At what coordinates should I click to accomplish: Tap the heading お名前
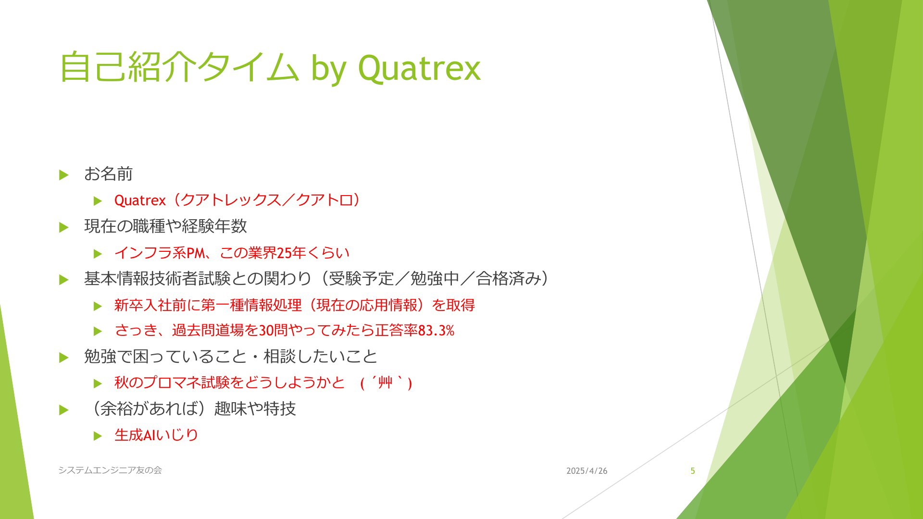tap(108, 174)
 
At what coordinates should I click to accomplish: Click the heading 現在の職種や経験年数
tap(165, 226)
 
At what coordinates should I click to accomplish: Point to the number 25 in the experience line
tap(284, 253)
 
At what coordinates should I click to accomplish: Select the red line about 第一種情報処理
tap(295, 305)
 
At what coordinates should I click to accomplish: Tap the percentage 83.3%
tap(436, 331)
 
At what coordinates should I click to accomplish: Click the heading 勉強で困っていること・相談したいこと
tap(231, 357)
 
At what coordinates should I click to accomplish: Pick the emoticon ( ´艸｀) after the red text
tap(386, 383)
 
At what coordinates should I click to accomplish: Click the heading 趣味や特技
tap(255, 408)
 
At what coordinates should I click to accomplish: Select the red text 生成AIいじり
tap(156, 435)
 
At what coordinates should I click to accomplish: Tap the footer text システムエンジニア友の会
tap(110, 470)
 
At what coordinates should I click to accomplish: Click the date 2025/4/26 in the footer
tap(586, 471)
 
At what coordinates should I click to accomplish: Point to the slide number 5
tap(693, 471)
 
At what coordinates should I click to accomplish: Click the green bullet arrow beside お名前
tap(64, 175)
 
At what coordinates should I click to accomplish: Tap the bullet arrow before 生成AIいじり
tap(98, 436)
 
